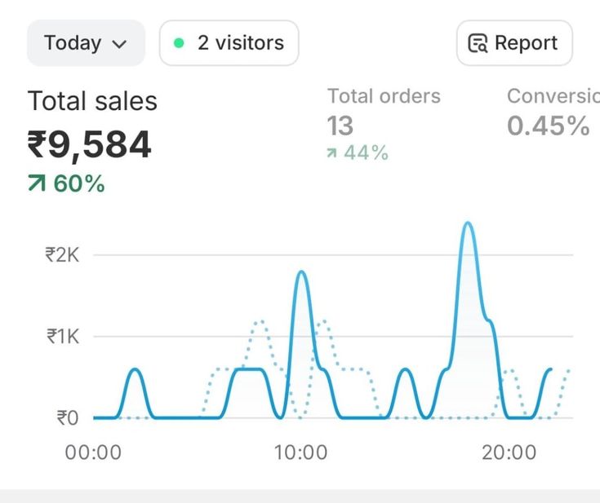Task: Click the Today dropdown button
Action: [86, 43]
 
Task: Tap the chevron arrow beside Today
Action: [118, 44]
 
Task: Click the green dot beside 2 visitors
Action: [179, 43]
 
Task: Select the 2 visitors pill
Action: [229, 43]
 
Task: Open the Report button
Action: [514, 43]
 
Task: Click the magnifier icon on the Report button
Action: [478, 44]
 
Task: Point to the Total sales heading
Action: [92, 101]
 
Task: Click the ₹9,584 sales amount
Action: [90, 145]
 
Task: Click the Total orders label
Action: [384, 96]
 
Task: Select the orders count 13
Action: [340, 126]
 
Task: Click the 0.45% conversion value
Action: [548, 126]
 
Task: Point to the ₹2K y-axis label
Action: [62, 254]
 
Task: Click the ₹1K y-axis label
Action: [62, 336]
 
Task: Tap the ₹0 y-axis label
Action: [67, 417]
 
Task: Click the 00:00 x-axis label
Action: [93, 452]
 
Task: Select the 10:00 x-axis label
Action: [300, 452]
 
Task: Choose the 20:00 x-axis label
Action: [509, 452]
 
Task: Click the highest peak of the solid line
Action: [468, 223]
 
